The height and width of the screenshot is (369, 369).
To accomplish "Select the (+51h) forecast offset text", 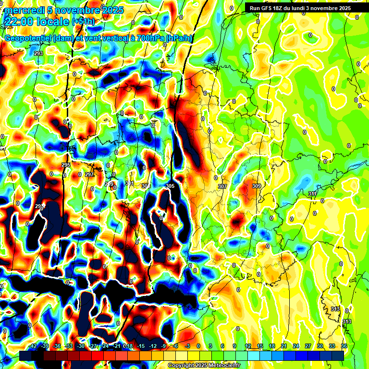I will tap(83, 22).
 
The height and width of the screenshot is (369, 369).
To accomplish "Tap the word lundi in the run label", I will tap(297, 8).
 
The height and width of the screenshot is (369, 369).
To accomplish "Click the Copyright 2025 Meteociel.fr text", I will tap(204, 365).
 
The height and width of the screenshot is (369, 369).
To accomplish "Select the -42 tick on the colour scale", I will tap(32, 346).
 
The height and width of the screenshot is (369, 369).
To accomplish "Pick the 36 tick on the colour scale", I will tap(344, 346).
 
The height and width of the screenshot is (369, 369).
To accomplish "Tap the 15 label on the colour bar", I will tap(260, 346).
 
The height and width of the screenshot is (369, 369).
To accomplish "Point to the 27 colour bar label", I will tap(308, 346).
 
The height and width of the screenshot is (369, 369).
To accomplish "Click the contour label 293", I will tap(39, 53).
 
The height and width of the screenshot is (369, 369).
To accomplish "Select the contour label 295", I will tap(66, 165).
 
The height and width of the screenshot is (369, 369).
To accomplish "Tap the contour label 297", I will tap(89, 174).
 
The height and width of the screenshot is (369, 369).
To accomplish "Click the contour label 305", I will tap(170, 186).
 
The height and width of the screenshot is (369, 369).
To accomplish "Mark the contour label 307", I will tap(222, 186).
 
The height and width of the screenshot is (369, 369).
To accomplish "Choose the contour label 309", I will tap(256, 186).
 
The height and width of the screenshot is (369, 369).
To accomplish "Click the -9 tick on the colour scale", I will tap(163, 346).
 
